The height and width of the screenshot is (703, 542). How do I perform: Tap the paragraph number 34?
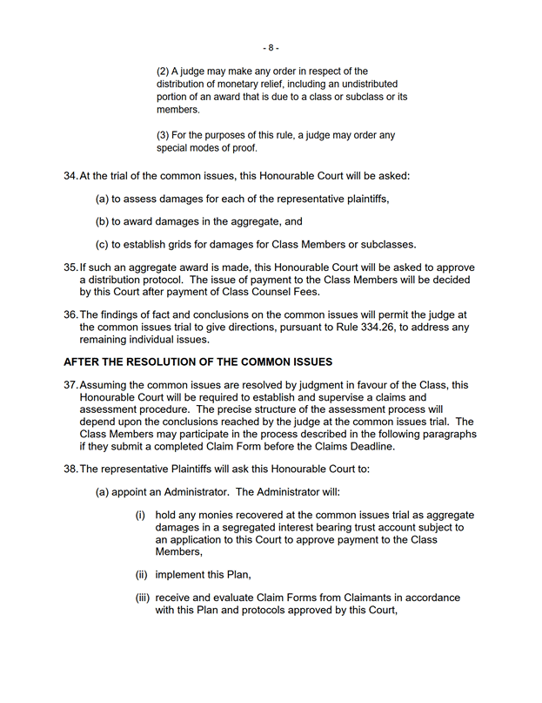click(x=70, y=176)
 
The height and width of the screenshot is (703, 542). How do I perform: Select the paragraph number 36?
click(x=70, y=314)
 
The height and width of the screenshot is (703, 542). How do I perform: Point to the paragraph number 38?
click(x=70, y=469)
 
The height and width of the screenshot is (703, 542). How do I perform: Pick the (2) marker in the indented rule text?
click(x=163, y=71)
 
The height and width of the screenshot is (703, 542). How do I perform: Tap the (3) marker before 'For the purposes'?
click(x=163, y=135)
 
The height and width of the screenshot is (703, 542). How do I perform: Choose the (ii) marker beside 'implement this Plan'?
click(x=140, y=574)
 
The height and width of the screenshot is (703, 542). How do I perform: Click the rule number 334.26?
click(x=357, y=327)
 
